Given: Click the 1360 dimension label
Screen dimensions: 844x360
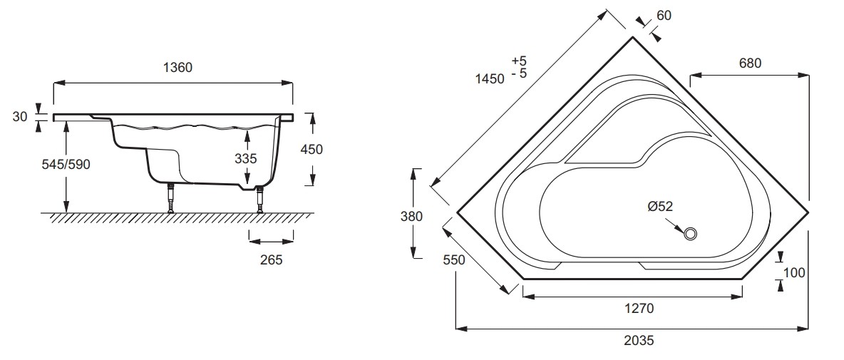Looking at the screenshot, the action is click(177, 68).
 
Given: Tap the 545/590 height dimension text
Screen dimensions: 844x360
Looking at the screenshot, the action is click(66, 165).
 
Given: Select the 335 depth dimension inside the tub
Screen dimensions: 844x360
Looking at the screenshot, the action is click(245, 159).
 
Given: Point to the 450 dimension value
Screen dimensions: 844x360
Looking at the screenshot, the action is click(312, 149).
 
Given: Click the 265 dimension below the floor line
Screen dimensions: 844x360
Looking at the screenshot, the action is click(272, 260).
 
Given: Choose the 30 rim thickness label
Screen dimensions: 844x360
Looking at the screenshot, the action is click(20, 116).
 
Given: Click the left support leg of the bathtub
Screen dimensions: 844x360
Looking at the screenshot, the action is click(171, 198).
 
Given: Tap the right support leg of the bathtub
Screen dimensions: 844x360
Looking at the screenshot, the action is click(260, 199).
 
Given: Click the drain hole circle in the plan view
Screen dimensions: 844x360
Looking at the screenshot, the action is click(691, 234).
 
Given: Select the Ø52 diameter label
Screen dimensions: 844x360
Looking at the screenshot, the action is click(660, 206).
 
